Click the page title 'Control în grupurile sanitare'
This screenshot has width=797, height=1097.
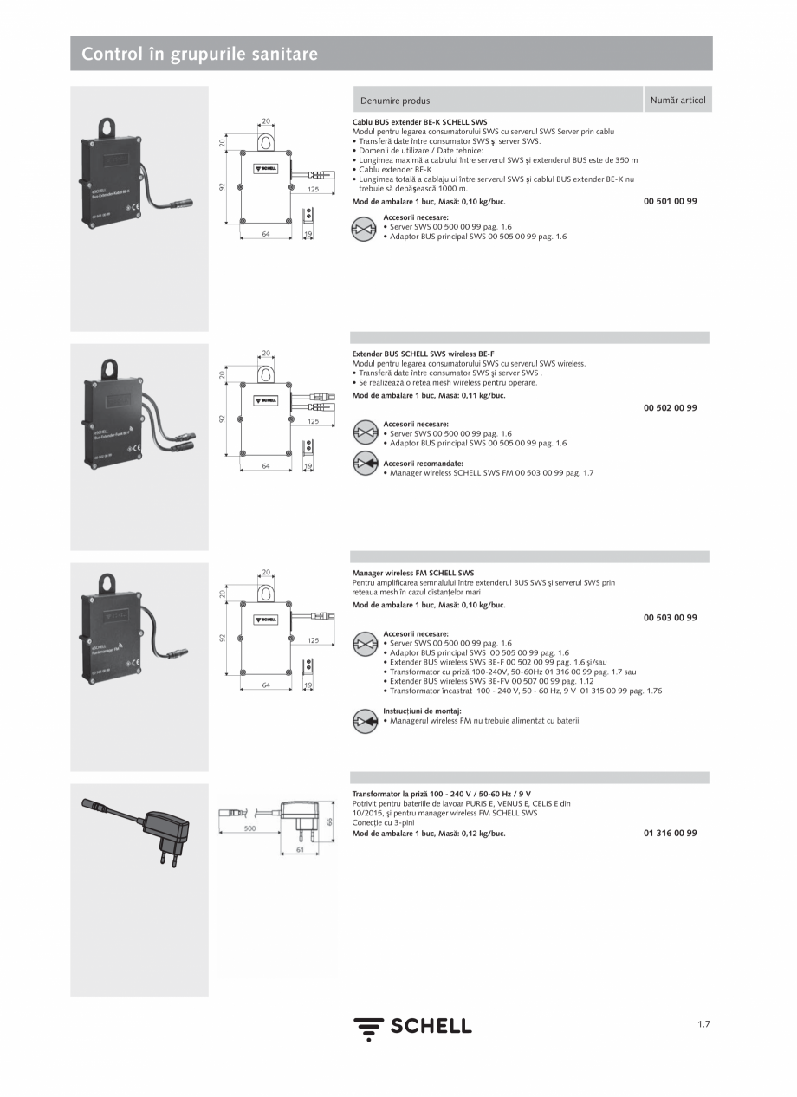[199, 55]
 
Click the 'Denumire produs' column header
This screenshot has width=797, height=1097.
[394, 101]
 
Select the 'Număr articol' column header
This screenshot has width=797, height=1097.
[677, 100]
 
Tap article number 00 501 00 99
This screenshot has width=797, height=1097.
[670, 201]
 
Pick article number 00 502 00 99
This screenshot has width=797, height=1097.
[670, 407]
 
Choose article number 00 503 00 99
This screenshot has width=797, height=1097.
[670, 618]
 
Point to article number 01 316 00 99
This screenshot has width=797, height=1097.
[670, 833]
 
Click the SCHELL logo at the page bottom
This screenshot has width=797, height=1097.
[412, 1027]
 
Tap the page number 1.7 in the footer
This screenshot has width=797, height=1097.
[703, 1024]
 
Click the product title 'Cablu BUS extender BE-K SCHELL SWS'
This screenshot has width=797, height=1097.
[419, 123]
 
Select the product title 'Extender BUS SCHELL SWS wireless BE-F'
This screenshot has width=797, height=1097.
[423, 354]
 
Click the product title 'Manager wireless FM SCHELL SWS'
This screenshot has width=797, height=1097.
[412, 573]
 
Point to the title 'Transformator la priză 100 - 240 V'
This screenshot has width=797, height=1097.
[441, 794]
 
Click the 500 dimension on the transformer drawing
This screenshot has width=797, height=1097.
[249, 828]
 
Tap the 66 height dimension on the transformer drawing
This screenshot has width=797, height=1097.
[329, 821]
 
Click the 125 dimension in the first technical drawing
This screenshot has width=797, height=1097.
[313, 188]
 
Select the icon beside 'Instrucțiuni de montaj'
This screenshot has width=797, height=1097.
[365, 720]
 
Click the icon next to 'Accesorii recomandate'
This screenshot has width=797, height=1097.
[365, 464]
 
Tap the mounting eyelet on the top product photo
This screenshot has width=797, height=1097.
[107, 128]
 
